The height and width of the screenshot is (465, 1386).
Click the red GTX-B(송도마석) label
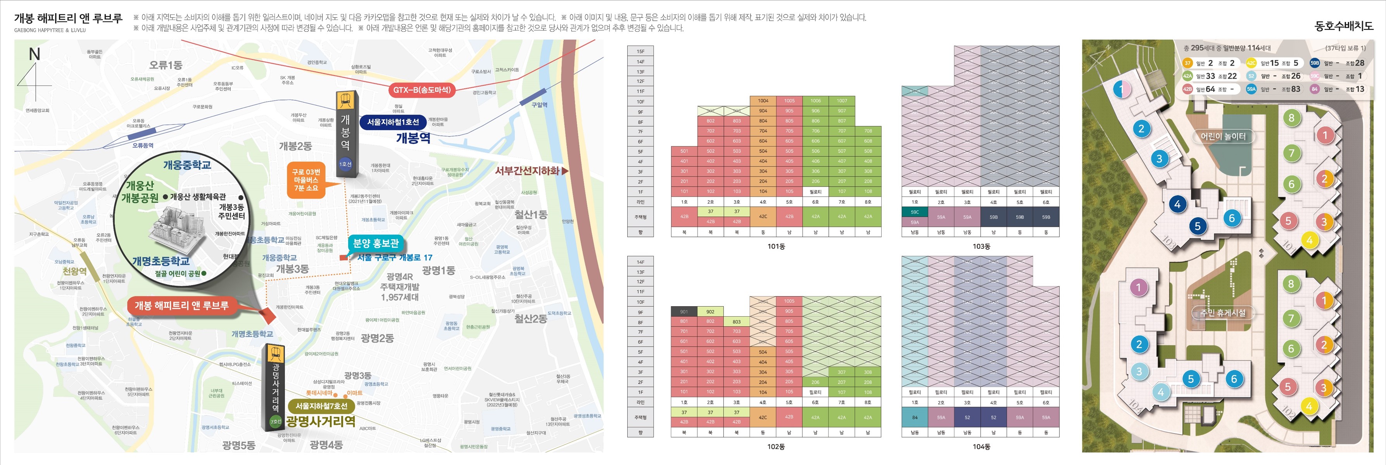421,90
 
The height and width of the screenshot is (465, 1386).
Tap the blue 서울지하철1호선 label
393,122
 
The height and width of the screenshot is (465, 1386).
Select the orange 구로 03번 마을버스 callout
306,180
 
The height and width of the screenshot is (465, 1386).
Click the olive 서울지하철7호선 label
321,406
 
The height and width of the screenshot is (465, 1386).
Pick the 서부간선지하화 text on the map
527,171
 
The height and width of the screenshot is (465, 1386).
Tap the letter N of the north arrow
35,54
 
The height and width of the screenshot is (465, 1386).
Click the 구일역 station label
539,105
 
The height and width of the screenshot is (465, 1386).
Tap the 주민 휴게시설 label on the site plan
1222,313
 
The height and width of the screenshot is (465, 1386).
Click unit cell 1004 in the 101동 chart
763,101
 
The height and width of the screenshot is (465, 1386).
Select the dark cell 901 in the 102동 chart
684,312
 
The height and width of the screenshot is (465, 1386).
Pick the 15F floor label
640,51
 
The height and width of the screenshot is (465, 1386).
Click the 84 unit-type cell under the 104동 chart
915,417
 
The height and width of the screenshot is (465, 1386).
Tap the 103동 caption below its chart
981,246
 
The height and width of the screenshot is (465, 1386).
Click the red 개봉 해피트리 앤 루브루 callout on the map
181,306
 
